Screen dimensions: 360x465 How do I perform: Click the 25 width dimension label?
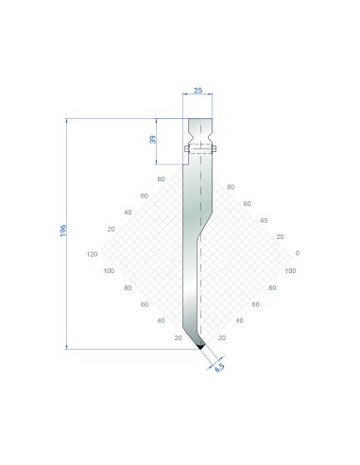[x=197, y=91]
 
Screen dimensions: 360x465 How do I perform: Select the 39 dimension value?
[x=152, y=139]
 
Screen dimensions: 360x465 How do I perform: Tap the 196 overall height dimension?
[x=63, y=231]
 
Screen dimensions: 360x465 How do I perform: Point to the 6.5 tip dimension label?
[x=219, y=367]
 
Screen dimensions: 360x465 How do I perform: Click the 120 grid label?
[x=92, y=254]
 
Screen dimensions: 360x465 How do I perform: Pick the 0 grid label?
[x=298, y=253]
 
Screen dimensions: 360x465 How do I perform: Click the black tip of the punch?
[x=200, y=347]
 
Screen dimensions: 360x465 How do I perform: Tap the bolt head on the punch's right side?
[x=214, y=148]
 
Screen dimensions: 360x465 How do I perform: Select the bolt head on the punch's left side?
[x=186, y=148]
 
